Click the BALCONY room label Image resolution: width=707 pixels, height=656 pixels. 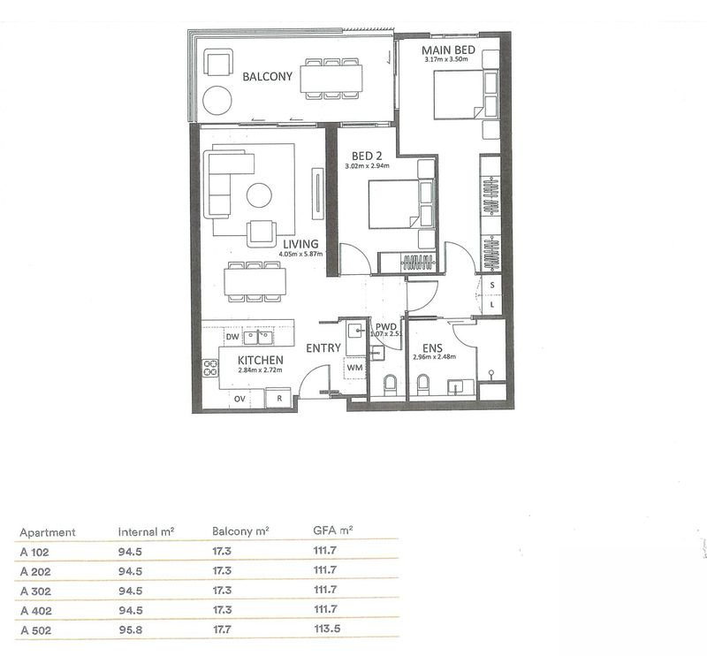(x=268, y=78)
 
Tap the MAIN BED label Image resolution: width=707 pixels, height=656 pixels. (x=448, y=51)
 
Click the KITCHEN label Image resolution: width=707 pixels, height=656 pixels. (x=260, y=361)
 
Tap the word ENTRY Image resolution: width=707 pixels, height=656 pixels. (x=323, y=348)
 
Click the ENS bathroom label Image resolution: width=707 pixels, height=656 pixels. (x=431, y=347)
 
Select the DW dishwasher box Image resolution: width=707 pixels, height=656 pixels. (x=232, y=338)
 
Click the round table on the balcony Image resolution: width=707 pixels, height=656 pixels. (x=215, y=97)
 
